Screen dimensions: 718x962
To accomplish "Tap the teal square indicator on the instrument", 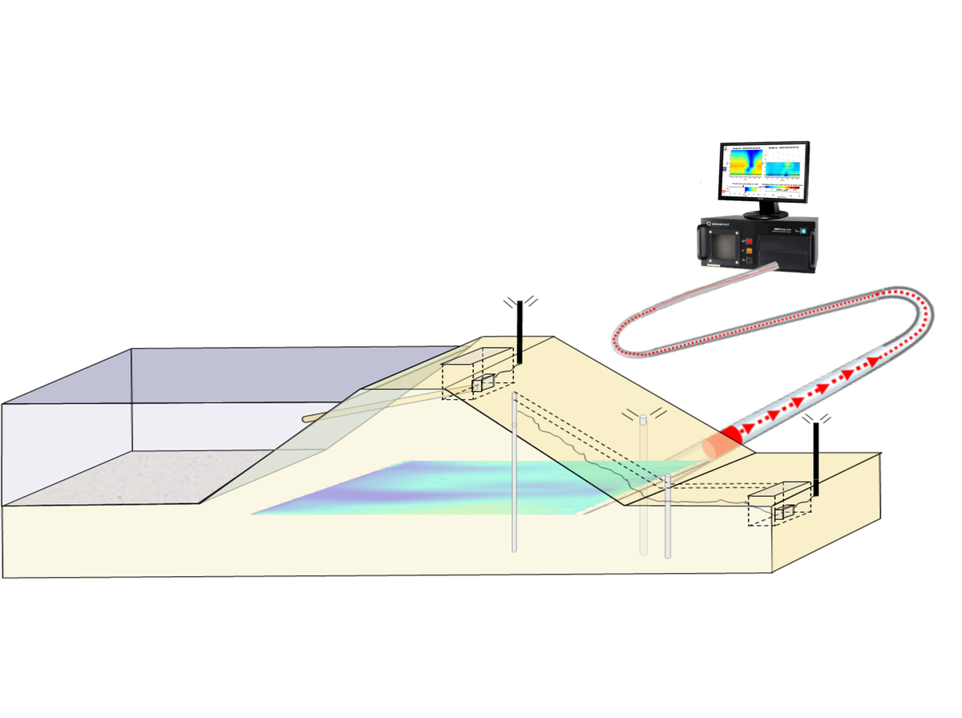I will coord(802,232).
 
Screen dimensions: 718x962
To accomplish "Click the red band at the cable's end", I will coord(730,437).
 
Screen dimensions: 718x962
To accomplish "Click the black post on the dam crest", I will coord(520,349).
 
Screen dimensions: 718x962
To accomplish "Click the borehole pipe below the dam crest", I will coord(514,473).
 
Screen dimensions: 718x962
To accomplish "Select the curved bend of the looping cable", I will coord(922,309).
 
